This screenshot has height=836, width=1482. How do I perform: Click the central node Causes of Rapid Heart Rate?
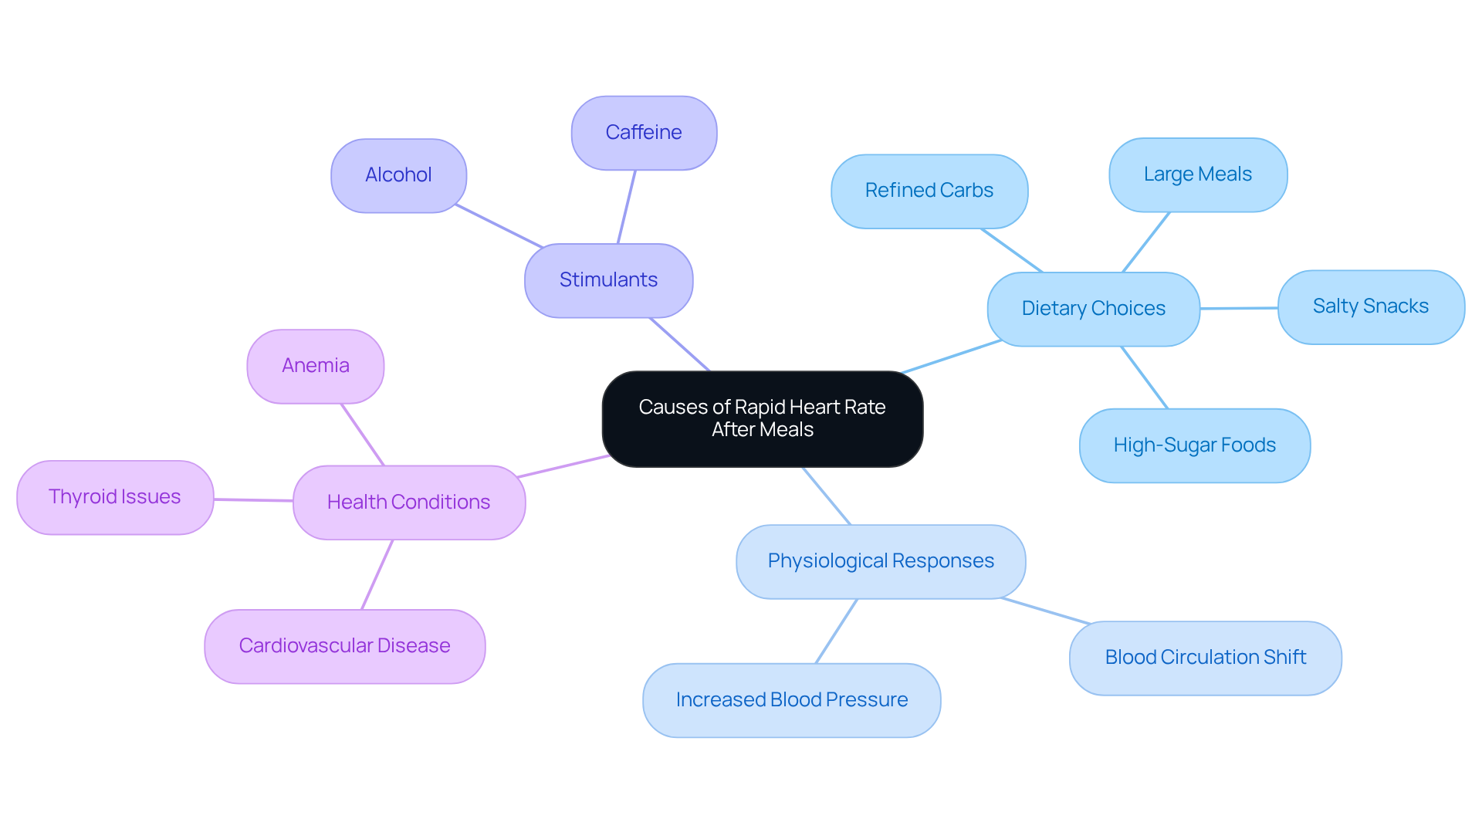(762, 418)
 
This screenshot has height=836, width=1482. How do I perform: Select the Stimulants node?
(608, 280)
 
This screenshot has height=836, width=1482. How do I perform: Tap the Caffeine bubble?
(644, 133)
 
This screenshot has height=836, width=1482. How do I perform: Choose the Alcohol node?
(398, 175)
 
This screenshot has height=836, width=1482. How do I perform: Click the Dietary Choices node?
(1093, 309)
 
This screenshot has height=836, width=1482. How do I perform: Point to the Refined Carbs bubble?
(929, 191)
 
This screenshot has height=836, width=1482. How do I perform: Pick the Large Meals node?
(1197, 174)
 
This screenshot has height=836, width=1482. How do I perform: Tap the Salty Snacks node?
(1370, 306)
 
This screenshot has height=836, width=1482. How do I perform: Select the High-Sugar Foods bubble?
(1194, 445)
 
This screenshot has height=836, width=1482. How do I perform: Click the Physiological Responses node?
(880, 561)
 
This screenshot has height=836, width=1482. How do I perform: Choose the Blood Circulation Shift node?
(1205, 658)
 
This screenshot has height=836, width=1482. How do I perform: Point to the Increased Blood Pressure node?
(791, 700)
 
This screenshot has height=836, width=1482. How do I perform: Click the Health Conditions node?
(408, 503)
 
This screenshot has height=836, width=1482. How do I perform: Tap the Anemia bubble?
(315, 366)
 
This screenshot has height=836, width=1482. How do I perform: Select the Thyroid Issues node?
(115, 497)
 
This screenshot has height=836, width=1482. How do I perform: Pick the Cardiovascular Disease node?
(344, 646)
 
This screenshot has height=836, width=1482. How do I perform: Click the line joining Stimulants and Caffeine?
(626, 207)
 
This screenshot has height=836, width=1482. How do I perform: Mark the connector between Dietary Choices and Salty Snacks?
(1239, 308)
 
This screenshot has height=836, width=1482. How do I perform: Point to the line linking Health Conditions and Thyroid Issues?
(253, 500)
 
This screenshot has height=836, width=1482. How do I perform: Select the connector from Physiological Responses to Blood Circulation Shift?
(1046, 611)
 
